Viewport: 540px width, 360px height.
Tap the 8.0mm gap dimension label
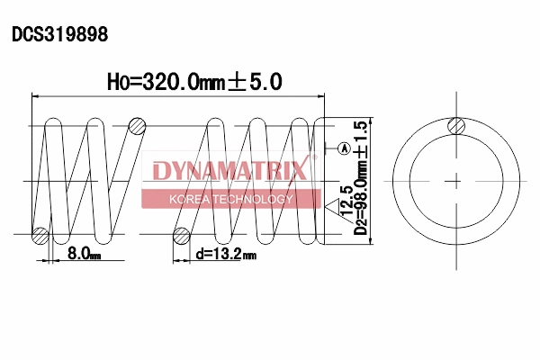pyautogui.click(x=83, y=255)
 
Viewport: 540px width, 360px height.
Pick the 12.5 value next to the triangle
pyautogui.click(x=346, y=196)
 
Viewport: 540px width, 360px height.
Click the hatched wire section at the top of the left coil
pyautogui.click(x=137, y=125)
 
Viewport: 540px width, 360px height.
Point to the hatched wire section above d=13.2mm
pyautogui.click(x=182, y=237)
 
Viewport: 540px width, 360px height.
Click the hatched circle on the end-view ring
pyautogui.click(x=456, y=126)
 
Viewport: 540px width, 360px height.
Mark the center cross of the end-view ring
pyautogui.click(x=456, y=180)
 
